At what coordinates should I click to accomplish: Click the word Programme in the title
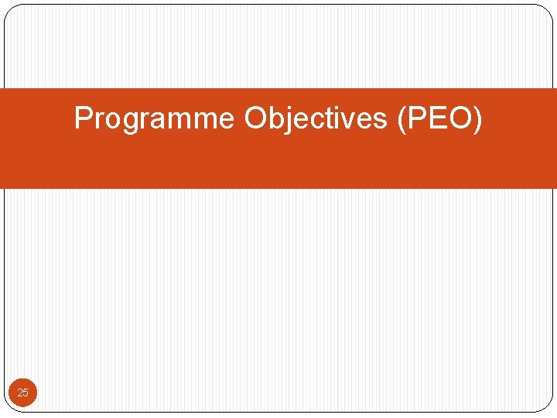coord(154,119)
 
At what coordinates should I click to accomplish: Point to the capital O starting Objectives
coord(256,118)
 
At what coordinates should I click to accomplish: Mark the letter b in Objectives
coord(276,118)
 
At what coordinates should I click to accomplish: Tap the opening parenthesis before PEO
coord(401,120)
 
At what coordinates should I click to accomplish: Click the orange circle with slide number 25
coord(22,393)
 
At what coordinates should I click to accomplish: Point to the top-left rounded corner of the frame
coord(11,11)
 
